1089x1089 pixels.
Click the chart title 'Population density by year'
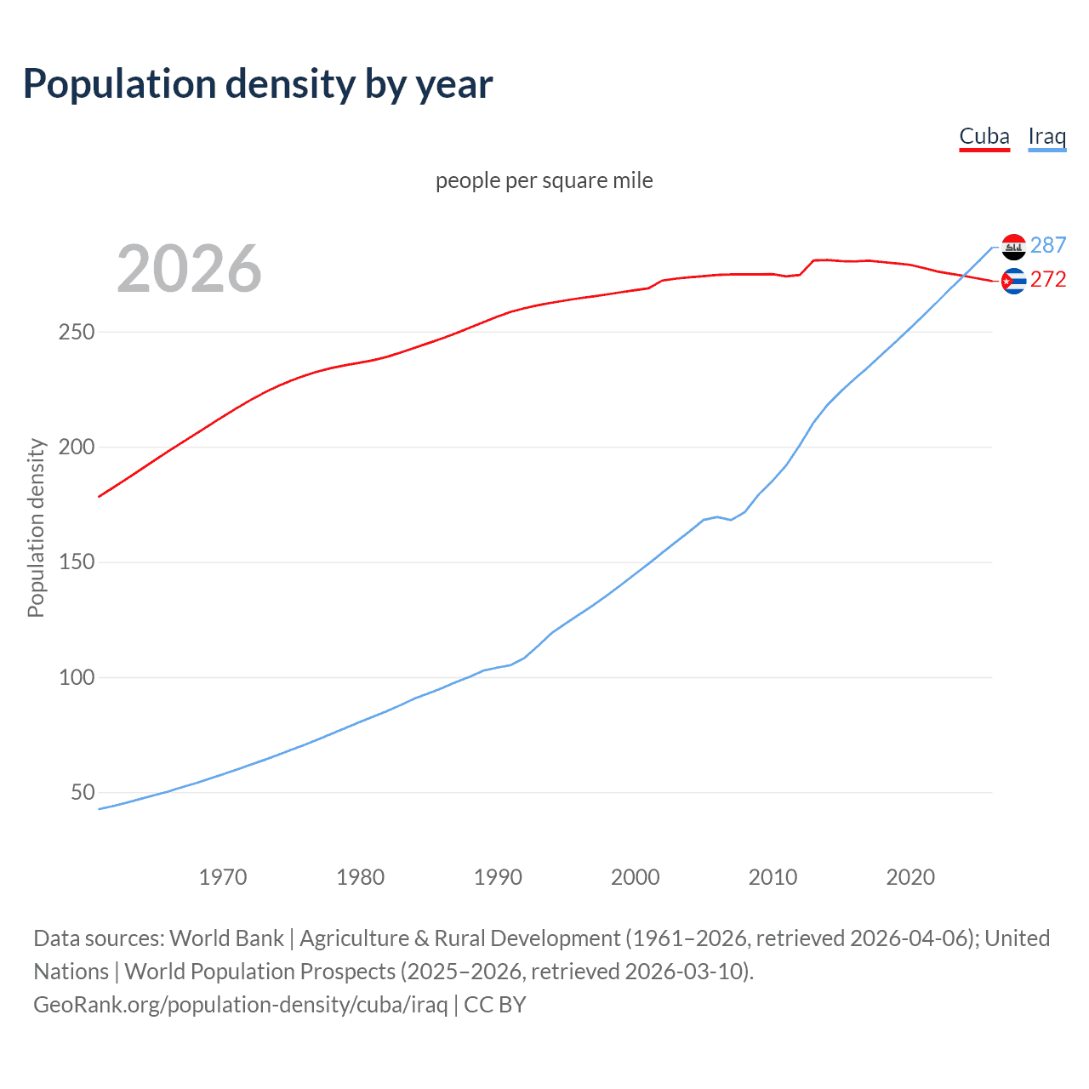(258, 84)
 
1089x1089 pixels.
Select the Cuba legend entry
(984, 136)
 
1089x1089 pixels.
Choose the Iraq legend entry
(1046, 136)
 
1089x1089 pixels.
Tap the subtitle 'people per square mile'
(544, 180)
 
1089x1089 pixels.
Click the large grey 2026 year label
(189, 269)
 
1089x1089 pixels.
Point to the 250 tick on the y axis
(76, 332)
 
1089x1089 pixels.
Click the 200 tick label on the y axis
(76, 447)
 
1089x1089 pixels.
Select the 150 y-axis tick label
(76, 562)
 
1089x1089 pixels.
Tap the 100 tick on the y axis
(76, 677)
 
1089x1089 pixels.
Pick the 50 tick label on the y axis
(83, 792)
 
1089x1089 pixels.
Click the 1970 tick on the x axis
(223, 877)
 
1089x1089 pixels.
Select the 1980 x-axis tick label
(361, 877)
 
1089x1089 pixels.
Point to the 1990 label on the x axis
(498, 877)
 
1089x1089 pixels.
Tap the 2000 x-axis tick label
(636, 877)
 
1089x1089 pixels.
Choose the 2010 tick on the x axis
(773, 877)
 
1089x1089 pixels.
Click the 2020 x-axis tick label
(910, 877)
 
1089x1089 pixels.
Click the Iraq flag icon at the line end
(1013, 247)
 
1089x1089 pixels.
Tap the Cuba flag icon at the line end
(1013, 281)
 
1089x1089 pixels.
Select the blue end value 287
(1048, 245)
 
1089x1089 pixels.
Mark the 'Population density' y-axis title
(36, 527)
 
